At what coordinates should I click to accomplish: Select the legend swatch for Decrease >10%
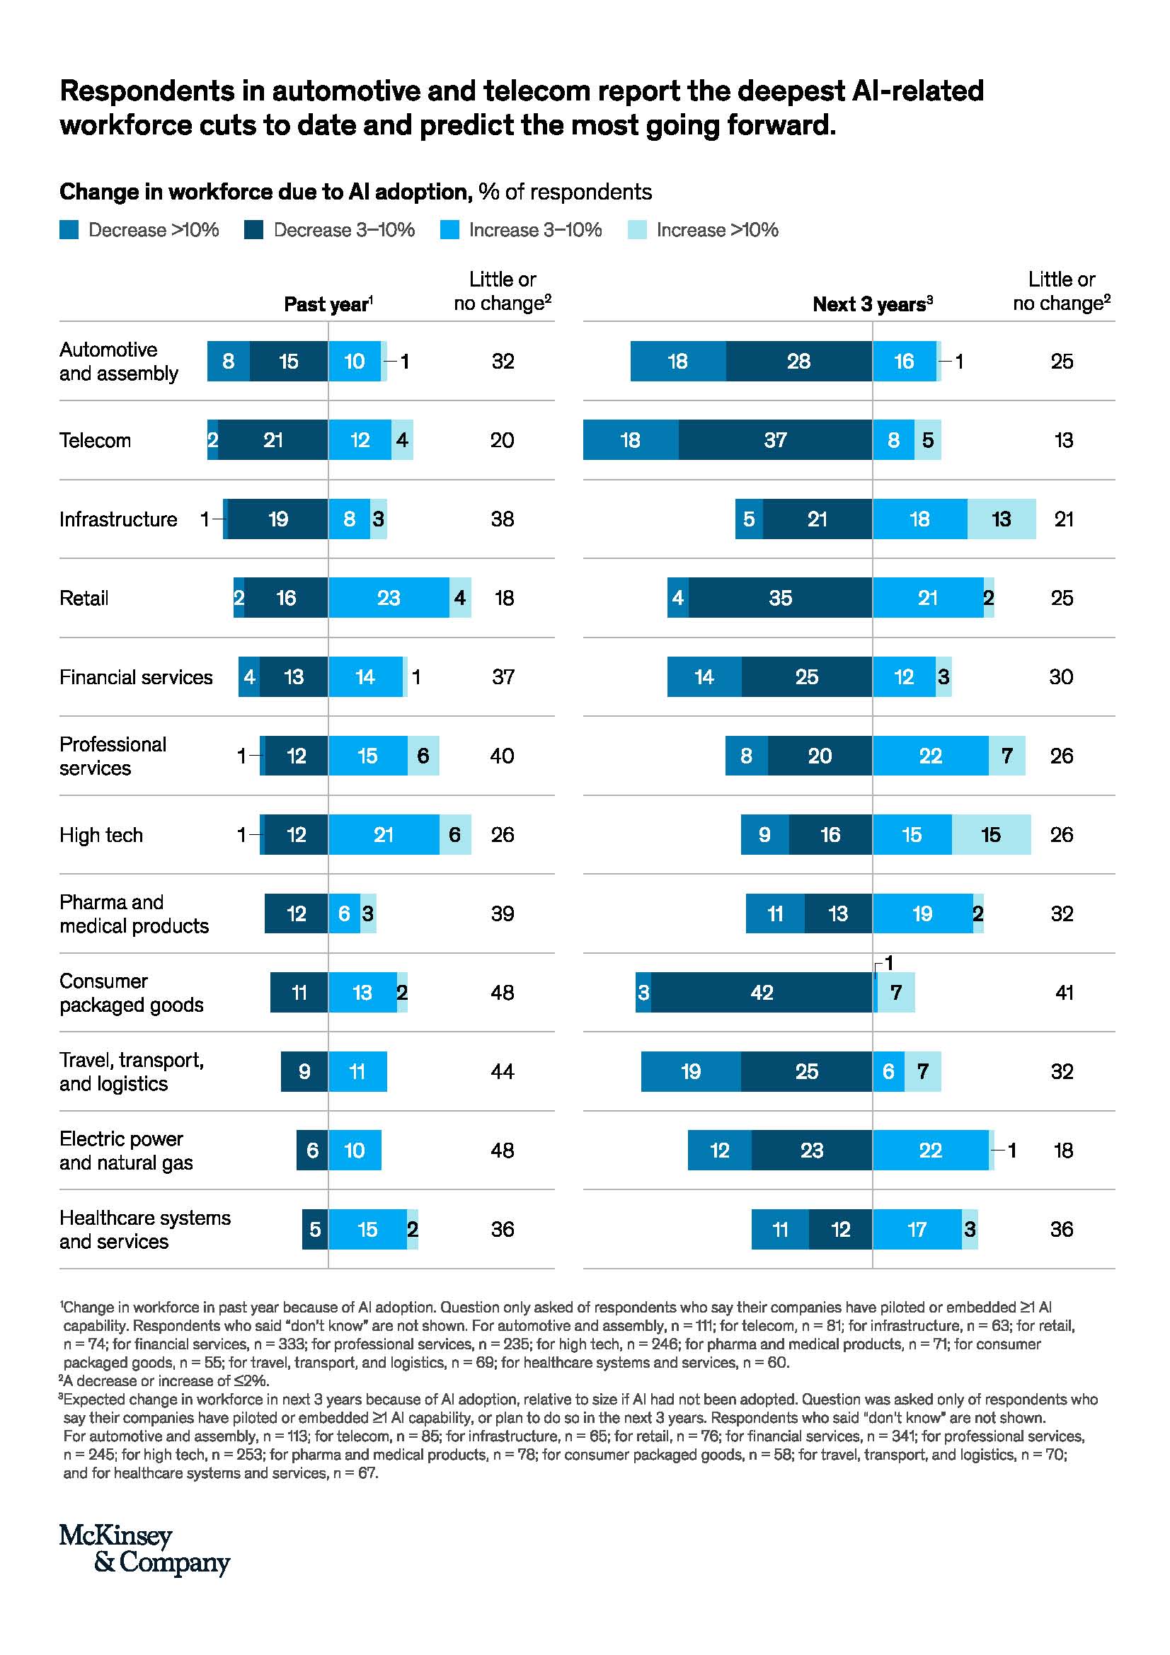69,230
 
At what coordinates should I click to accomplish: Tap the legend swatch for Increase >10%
637,230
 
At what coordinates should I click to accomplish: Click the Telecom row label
95,440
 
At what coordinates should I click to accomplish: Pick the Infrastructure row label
118,519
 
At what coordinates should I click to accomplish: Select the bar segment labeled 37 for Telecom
775,440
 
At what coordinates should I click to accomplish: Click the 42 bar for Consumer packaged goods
762,993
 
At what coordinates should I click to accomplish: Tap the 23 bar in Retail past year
389,598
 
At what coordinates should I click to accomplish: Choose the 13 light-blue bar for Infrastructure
1002,519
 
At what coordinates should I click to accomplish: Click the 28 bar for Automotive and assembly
798,361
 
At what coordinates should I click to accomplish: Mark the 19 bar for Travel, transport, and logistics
691,1072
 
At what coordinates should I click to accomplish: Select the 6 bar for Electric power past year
312,1151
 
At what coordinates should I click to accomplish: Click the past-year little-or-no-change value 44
503,1072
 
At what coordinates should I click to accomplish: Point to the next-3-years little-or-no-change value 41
1063,993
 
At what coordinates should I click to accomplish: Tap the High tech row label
101,835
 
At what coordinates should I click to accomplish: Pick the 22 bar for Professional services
930,756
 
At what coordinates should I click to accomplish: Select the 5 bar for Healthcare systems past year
315,1229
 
